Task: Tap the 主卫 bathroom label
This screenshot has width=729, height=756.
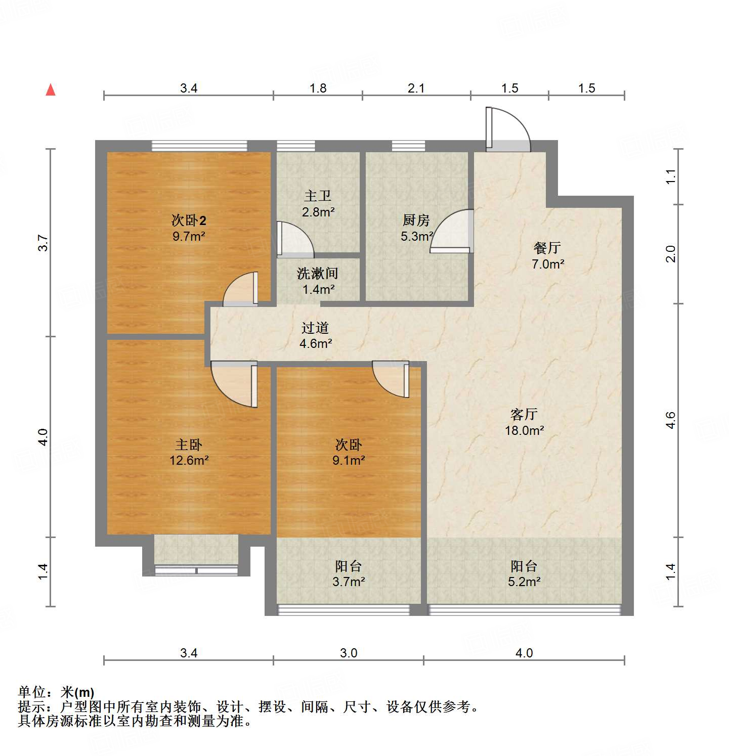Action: pos(318,196)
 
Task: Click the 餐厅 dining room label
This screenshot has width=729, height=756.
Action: pos(547,248)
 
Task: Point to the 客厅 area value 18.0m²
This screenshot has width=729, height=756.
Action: pos(524,430)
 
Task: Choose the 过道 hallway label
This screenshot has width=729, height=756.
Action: pos(315,328)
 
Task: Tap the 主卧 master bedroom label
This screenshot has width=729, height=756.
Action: pos(189,444)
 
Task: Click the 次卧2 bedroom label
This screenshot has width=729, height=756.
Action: pos(189,220)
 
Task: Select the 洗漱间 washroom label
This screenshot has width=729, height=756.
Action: pos(317,274)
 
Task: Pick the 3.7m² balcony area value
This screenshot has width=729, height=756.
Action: pos(349,582)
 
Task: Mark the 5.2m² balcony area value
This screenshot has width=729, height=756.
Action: pos(524,582)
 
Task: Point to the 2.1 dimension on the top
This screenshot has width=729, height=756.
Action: pos(416,88)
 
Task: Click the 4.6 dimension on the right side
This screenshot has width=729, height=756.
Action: pos(670,420)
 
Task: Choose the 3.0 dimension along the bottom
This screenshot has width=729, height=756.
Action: pos(349,653)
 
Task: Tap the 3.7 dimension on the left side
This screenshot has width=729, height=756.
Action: pos(44,243)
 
